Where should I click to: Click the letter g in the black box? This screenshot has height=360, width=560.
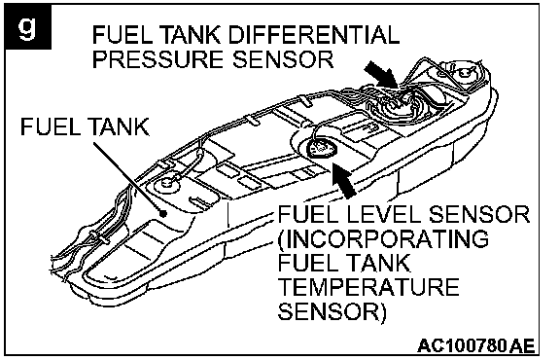(27, 27)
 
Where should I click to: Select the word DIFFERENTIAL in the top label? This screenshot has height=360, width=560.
(313, 35)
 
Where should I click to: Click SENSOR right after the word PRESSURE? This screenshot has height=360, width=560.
(283, 59)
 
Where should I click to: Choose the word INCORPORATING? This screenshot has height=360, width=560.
(383, 238)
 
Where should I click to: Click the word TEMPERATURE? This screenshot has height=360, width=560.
(368, 287)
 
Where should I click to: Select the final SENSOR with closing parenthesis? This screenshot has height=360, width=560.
(332, 311)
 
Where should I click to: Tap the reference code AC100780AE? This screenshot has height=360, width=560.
(475, 345)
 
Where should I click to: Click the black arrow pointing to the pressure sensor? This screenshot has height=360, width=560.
(382, 74)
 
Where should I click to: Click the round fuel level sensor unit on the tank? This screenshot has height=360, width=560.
(322, 148)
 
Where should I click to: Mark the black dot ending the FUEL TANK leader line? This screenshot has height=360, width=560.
(163, 214)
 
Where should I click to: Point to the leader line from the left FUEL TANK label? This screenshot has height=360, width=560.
(128, 178)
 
